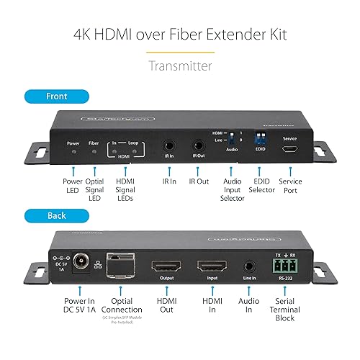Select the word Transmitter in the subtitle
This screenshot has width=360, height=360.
click(x=179, y=66)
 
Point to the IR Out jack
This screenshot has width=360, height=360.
click(x=198, y=145)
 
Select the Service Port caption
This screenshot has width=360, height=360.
click(x=289, y=186)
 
